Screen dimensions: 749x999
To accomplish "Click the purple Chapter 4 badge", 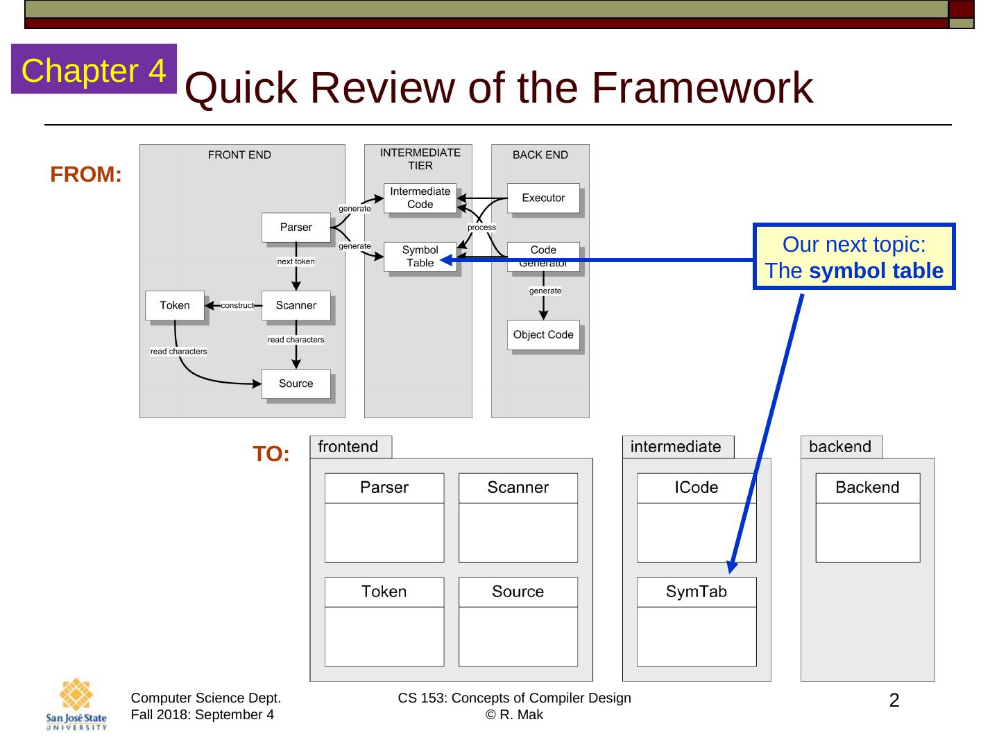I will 94,69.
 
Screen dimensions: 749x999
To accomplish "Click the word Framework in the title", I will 701,88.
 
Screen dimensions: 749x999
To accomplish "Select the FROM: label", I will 86,175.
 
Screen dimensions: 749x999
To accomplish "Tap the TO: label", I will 271,454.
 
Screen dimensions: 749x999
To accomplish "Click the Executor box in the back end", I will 543,198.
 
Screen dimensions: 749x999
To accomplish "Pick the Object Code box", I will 543,335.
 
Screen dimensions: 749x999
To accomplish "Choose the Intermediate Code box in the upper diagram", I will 420,198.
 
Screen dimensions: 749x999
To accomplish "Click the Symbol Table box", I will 420,257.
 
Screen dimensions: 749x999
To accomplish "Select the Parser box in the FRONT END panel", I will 296,227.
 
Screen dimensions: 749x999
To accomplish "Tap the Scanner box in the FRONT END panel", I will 296,306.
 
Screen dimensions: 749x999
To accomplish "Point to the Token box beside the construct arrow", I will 175,306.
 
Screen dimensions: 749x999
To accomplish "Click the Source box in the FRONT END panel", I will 296,384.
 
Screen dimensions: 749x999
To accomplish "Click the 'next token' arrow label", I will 296,261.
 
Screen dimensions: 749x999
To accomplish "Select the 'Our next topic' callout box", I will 854,257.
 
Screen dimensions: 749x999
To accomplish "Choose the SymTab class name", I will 697,592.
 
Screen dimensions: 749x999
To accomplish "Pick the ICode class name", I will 697,488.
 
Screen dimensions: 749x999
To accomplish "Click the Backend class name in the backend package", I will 867,488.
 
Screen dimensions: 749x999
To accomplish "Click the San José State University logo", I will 76,704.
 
